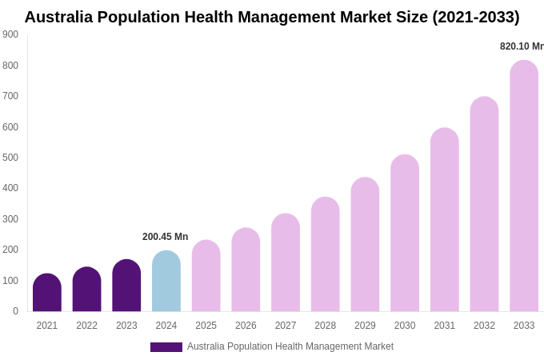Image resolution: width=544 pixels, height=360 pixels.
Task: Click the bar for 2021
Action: [47, 293]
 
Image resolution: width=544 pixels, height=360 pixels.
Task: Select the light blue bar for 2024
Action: [166, 282]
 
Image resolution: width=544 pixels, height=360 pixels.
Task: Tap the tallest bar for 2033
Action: [524, 186]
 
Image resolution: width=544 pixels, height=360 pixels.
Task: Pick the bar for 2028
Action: [326, 254]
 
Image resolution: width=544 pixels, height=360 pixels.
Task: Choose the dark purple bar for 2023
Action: [126, 286]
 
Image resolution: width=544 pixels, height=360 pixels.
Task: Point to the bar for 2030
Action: [405, 234]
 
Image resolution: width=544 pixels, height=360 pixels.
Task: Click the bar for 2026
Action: [246, 270]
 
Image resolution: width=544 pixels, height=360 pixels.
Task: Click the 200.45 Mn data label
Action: [165, 237]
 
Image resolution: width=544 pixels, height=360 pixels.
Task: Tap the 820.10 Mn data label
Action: [522, 46]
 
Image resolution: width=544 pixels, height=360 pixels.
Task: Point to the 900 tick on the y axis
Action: [10, 34]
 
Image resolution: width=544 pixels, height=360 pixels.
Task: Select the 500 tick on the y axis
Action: [10, 158]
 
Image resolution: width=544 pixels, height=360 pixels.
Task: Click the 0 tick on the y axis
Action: [15, 311]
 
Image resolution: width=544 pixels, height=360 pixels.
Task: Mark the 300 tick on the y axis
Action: [10, 219]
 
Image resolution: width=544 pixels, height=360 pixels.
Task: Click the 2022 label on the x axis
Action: [86, 326]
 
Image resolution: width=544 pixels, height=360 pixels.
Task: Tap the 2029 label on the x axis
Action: [365, 326]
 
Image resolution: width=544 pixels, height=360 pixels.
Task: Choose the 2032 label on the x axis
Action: [484, 326]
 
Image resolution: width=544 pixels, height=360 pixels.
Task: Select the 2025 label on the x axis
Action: [206, 326]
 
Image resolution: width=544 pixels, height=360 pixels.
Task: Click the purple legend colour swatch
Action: [166, 347]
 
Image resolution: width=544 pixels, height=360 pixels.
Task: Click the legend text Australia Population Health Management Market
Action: [290, 346]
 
